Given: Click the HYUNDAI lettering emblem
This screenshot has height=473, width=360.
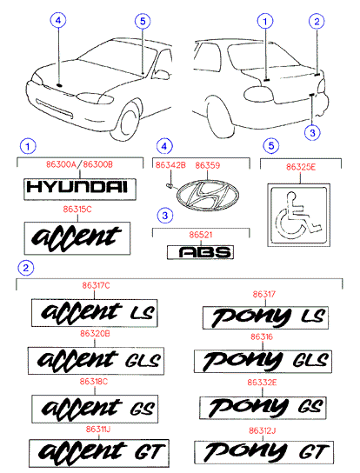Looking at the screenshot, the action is (80, 190).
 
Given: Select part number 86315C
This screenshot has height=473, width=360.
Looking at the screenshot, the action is (77, 210).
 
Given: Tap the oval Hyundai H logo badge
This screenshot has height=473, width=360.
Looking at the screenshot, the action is (208, 195).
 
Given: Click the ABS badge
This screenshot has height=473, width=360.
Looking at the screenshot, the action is (200, 252).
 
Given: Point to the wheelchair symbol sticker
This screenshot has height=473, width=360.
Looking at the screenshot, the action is (299, 216).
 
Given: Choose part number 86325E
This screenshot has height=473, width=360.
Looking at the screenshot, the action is (301, 167).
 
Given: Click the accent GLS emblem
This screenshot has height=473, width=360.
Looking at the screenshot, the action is (96, 361).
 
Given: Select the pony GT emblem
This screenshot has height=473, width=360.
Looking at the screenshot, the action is (264, 452).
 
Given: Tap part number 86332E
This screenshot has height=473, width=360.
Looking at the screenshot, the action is (262, 383).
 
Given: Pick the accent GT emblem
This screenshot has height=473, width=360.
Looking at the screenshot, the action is (99, 453).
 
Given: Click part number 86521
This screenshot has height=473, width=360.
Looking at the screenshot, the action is (201, 235).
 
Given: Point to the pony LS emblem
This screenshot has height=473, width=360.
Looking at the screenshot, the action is (265, 317).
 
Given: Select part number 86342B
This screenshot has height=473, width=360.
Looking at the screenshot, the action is (170, 165).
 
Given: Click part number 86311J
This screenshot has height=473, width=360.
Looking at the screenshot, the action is (98, 430).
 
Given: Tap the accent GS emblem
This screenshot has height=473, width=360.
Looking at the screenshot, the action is (95, 409).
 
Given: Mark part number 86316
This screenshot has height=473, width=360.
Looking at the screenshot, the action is (262, 337).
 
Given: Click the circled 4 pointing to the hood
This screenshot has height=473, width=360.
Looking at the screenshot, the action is (58, 20).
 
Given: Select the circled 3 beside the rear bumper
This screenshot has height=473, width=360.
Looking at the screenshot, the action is (312, 132).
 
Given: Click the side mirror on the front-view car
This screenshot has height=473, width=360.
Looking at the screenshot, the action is (162, 74).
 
